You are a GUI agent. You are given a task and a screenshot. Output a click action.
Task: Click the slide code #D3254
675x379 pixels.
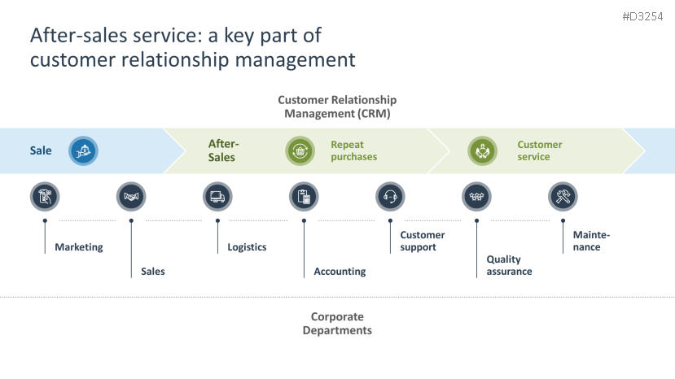tap(642, 17)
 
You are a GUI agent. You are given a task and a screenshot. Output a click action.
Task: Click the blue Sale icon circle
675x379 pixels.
tap(83, 151)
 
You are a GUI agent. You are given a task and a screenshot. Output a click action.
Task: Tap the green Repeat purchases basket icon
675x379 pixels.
tap(300, 151)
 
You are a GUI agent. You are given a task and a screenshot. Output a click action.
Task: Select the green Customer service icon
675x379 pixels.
tap(483, 151)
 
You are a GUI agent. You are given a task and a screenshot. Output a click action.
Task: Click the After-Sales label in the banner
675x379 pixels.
tap(223, 150)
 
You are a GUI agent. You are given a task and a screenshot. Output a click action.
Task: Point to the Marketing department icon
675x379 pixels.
tap(45, 197)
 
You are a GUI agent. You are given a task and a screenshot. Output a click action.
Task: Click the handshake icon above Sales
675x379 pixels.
tap(131, 197)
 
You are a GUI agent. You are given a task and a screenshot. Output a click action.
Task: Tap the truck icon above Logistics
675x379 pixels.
tap(217, 197)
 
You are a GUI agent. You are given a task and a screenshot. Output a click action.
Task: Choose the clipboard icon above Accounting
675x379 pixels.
tap(304, 197)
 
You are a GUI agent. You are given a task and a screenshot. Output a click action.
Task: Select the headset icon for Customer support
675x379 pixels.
tap(390, 197)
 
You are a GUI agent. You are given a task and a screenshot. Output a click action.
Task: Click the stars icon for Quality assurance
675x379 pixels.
tap(476, 197)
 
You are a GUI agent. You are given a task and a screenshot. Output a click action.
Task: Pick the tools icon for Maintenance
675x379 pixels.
tap(563, 197)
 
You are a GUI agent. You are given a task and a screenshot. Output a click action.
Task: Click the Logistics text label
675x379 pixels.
tap(247, 247)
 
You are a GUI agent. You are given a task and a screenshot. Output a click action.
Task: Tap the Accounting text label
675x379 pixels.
tap(340, 272)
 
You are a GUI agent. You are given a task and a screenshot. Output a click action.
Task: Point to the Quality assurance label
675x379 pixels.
tap(509, 265)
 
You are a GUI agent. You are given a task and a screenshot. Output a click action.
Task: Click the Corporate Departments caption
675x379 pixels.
tap(337, 324)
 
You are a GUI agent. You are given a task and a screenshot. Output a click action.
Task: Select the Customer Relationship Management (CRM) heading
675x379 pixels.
tap(337, 107)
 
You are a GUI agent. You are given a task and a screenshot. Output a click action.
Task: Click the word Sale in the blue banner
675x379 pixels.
tap(41, 150)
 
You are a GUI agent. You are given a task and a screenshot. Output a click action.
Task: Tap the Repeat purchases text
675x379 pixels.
tap(354, 150)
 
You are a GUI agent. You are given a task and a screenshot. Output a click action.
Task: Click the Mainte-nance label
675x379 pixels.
tap(591, 241)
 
